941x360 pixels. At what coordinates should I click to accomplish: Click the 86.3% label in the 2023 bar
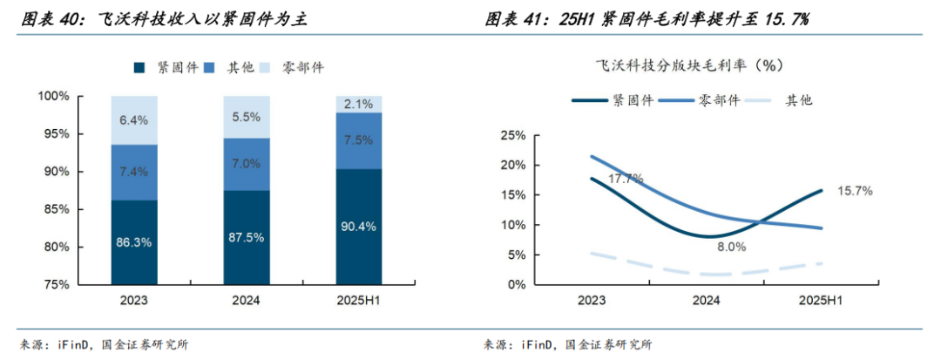(x=134, y=242)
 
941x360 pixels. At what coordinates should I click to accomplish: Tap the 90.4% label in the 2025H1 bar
(x=358, y=227)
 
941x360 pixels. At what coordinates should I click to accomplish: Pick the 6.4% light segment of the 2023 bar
(x=134, y=120)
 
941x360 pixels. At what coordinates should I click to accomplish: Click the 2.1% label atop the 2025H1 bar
(x=358, y=105)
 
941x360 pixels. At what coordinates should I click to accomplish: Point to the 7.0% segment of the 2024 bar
(x=247, y=164)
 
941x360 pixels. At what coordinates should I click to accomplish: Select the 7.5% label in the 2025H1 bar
(x=358, y=140)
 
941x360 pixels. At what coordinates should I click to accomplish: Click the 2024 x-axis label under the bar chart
(x=247, y=301)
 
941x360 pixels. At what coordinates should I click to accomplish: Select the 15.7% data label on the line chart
(x=856, y=190)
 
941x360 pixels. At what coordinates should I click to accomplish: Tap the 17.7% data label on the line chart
(x=626, y=179)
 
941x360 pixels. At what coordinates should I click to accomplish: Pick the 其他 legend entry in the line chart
(x=798, y=100)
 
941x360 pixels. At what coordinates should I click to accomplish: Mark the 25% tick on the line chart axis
(x=512, y=135)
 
